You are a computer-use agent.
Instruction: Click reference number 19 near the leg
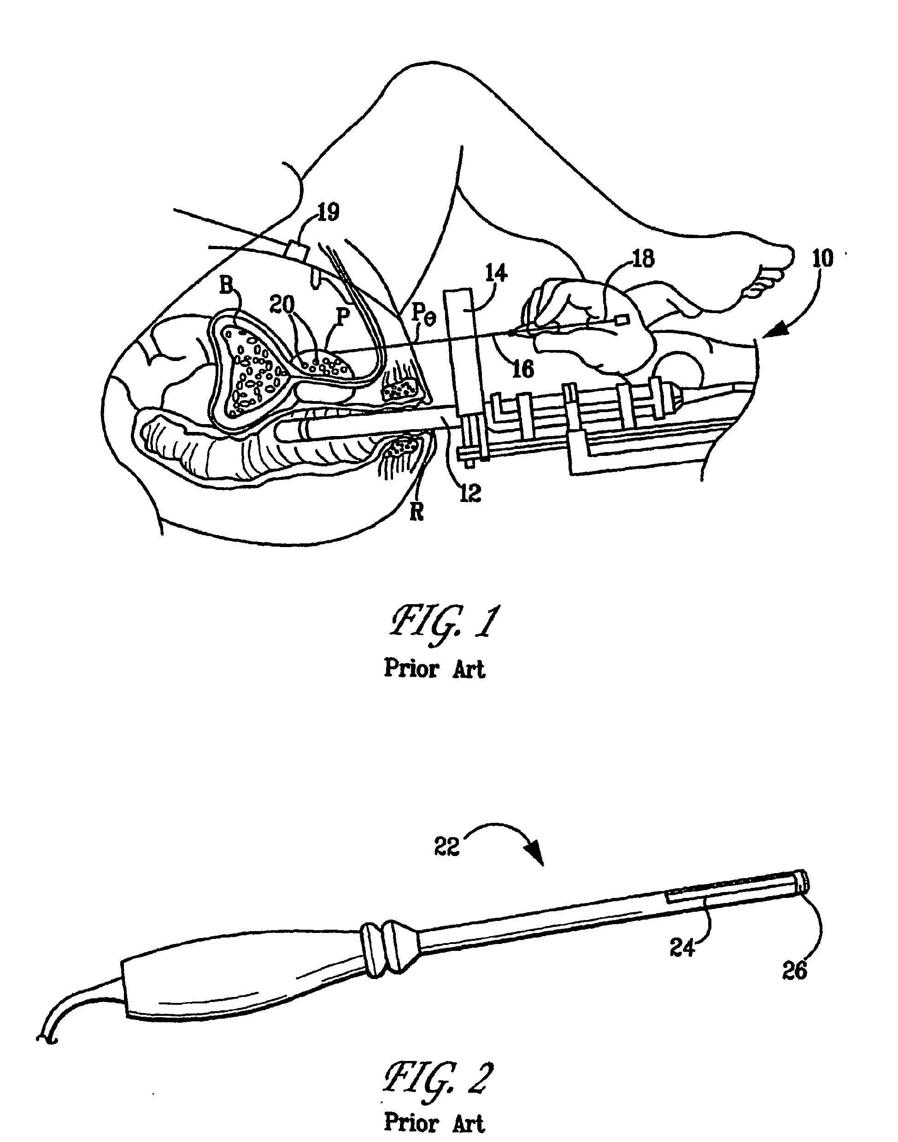point(328,212)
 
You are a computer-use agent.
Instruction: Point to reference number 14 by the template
point(496,273)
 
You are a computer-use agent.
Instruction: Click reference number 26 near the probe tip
point(794,971)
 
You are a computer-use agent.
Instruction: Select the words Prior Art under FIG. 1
point(434,669)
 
